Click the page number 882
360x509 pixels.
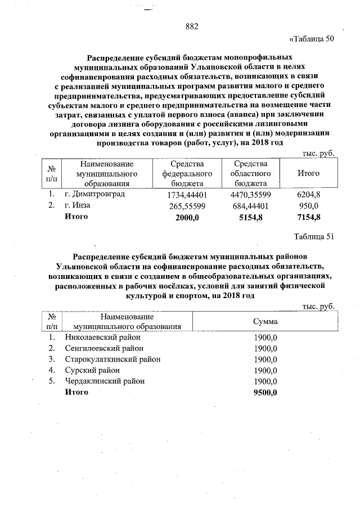192,26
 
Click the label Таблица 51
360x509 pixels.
314,236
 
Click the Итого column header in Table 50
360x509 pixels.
308,173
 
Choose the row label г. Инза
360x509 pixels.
78,205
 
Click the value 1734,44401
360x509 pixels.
188,195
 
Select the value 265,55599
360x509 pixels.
188,206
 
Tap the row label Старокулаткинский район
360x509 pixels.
112,359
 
